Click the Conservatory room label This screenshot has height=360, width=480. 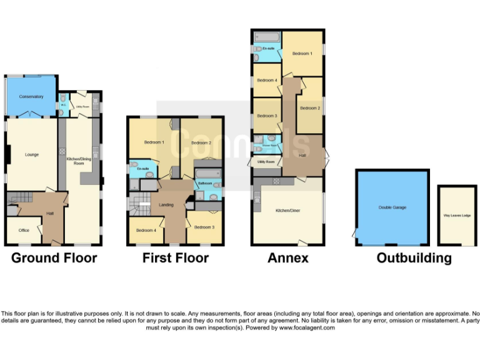[31, 97]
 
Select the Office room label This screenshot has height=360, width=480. [24, 231]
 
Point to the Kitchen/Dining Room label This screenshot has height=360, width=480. [79, 159]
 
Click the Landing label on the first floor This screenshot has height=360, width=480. [166, 204]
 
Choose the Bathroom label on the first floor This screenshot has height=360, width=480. [204, 184]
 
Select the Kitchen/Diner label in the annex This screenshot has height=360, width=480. [287, 211]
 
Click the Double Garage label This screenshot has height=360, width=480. [392, 207]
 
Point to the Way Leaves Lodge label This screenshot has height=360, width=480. [457, 216]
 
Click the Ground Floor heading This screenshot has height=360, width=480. [54, 258]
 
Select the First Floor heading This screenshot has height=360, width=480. [176, 258]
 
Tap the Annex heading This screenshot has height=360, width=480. [287, 258]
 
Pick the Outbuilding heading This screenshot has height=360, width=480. [414, 258]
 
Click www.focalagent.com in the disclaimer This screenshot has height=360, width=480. [307, 327]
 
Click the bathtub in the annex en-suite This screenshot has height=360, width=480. [267, 36]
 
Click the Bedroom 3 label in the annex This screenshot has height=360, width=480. [267, 116]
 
